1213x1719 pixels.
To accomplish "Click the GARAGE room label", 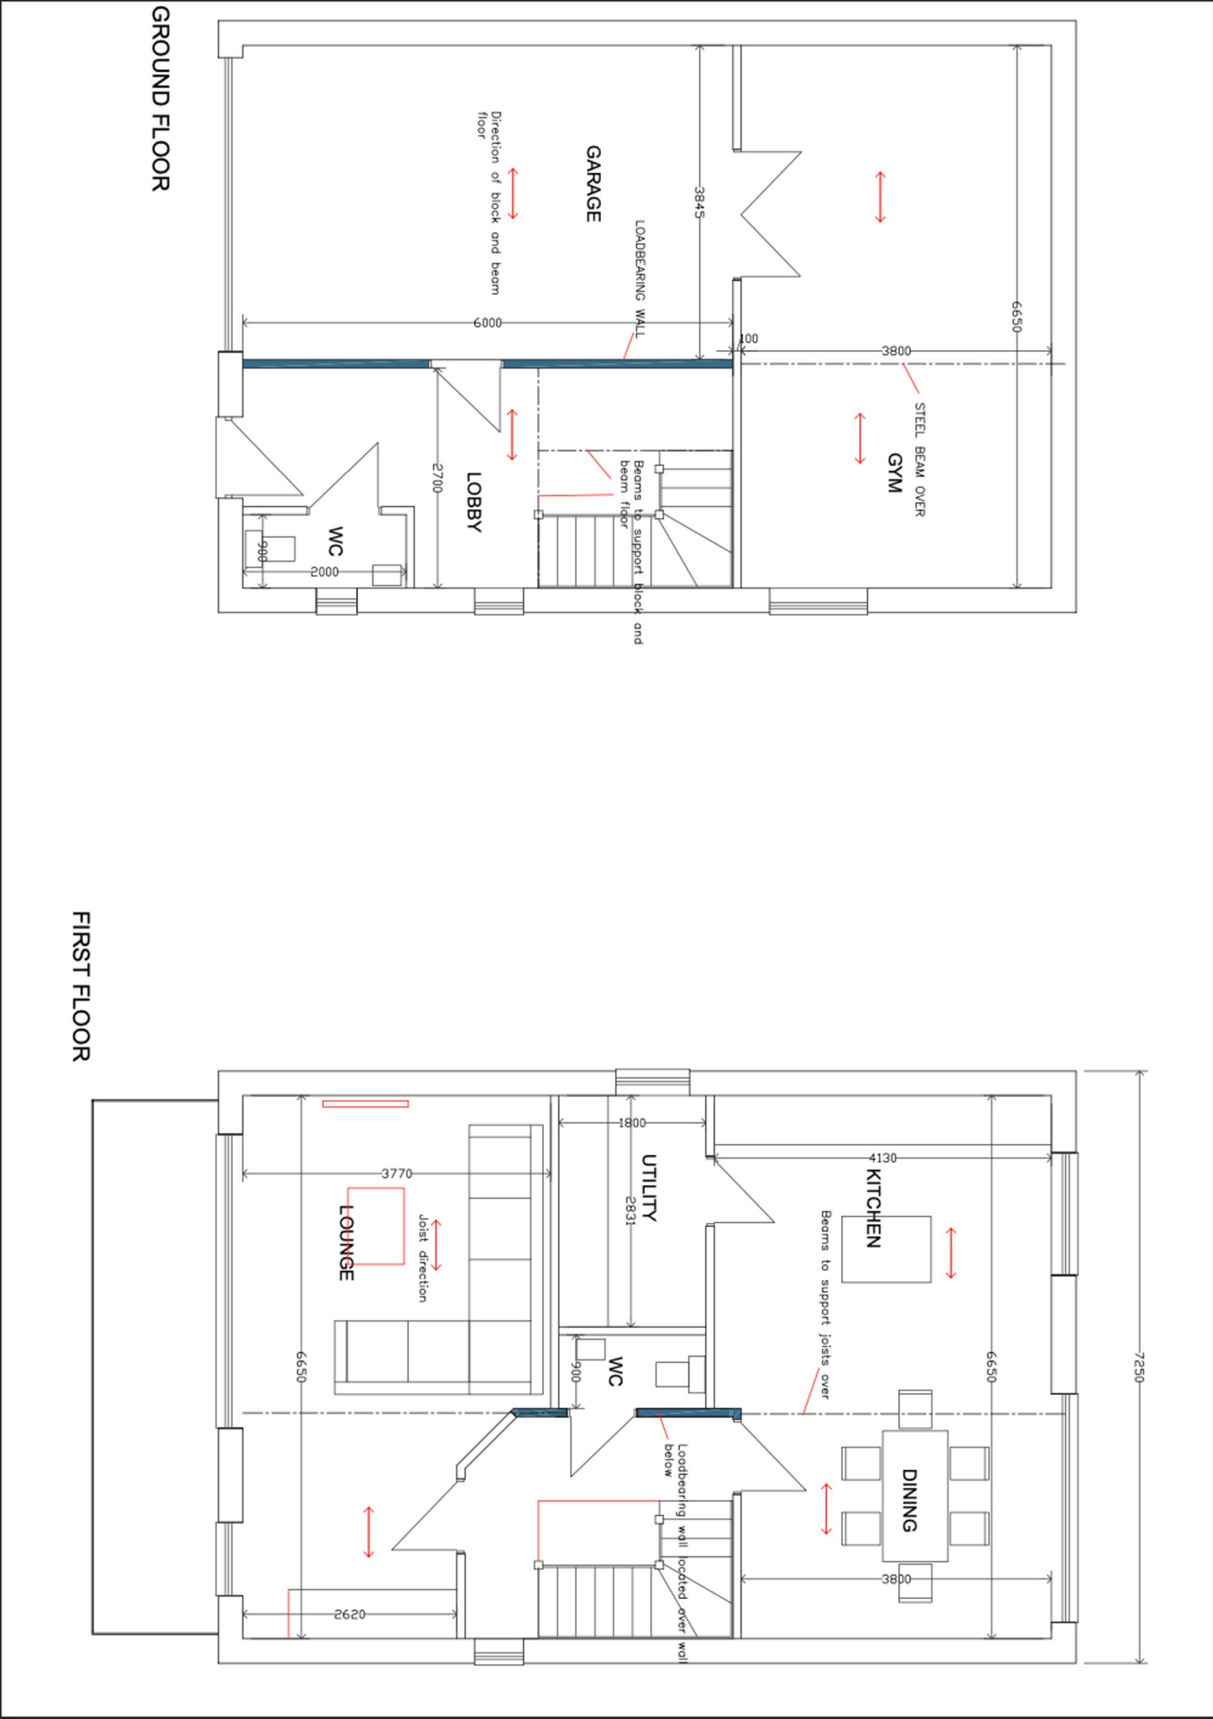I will [593, 184].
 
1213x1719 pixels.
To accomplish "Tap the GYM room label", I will [894, 473].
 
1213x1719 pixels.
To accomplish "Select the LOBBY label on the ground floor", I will [473, 502].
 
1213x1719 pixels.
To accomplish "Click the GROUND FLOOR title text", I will [160, 99].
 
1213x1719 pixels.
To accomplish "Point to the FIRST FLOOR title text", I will [81, 986].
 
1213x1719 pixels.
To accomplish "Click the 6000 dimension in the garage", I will [488, 322].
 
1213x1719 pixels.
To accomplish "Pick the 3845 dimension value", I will [698, 202].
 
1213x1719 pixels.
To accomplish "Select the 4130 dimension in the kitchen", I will [881, 1158].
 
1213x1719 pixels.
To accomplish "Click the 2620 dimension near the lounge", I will [349, 1614].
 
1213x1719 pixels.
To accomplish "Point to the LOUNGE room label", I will [345, 1243].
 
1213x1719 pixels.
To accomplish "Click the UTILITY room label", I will [649, 1188].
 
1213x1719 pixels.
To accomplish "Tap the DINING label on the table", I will [908, 1500].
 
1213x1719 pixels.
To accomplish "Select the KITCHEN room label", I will [873, 1209].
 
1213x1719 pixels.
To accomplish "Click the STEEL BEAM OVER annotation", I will [919, 460].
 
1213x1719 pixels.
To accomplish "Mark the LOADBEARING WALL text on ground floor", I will [640, 279].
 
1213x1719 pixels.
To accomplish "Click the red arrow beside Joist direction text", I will [436, 1246].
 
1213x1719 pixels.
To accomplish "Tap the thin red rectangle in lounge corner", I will [365, 1104].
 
